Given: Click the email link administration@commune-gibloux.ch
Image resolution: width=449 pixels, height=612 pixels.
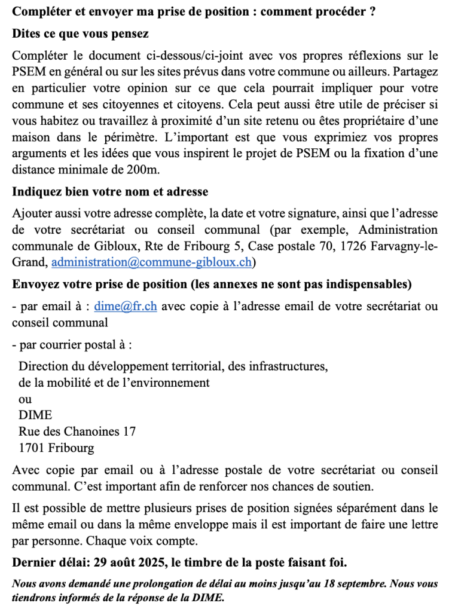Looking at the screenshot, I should pyautogui.click(x=152, y=262).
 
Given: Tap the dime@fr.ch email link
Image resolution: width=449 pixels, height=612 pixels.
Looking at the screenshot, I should pyautogui.click(x=126, y=307).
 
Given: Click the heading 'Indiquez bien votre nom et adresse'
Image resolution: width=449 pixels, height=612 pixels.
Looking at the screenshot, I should pyautogui.click(x=110, y=192).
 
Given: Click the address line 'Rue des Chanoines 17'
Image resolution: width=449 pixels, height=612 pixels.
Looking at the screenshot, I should pyautogui.click(x=77, y=431).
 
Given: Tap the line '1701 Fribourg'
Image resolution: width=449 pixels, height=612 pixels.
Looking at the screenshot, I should pyautogui.click(x=56, y=447).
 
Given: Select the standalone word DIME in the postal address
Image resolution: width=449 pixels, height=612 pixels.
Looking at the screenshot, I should pyautogui.click(x=35, y=415).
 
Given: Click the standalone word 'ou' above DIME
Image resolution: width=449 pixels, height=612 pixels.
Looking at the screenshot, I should pyautogui.click(x=25, y=399).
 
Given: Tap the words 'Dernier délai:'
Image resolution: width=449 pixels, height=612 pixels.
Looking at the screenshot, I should pyautogui.click(x=50, y=562).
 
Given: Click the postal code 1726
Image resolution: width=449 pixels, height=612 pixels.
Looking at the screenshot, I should pyautogui.click(x=337, y=246).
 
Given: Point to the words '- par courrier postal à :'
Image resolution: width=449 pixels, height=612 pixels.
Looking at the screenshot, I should pyautogui.click(x=72, y=345).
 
